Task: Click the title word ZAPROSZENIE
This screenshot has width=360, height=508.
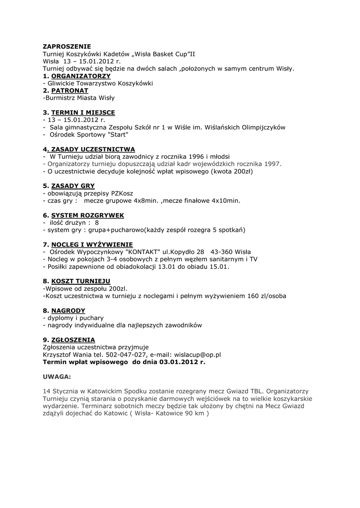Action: click(67, 47)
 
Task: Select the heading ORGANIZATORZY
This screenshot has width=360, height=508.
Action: click(81, 76)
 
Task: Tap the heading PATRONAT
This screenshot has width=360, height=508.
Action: click(70, 91)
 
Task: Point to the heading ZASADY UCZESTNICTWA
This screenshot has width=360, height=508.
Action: click(93, 149)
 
